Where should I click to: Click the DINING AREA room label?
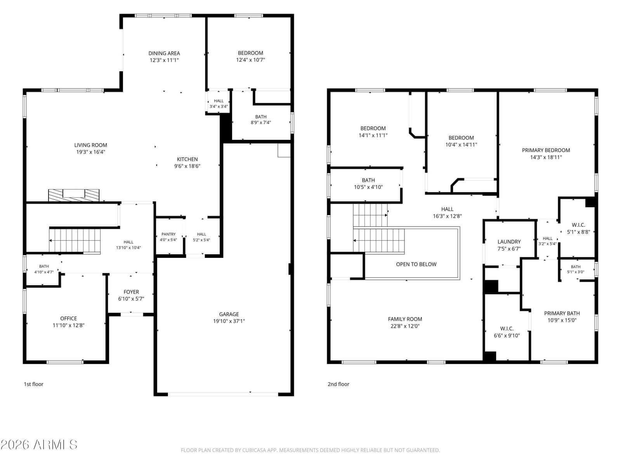click(x=164, y=53)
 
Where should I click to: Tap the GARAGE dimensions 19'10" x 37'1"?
click(x=229, y=321)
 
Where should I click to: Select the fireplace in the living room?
click(x=74, y=195)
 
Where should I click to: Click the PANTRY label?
click(x=168, y=234)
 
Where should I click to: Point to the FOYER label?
click(x=131, y=292)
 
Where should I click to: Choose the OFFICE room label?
click(x=68, y=318)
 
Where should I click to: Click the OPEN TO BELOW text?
click(x=416, y=264)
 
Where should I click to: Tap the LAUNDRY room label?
click(x=509, y=242)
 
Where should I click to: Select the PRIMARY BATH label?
click(x=562, y=313)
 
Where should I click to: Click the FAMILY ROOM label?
click(x=405, y=319)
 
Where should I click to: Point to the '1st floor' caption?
click(x=33, y=384)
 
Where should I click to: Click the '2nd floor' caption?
click(x=338, y=384)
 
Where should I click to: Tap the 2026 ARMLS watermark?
click(x=39, y=445)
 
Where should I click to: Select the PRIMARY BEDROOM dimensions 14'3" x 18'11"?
click(x=546, y=157)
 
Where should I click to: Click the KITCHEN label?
click(x=187, y=159)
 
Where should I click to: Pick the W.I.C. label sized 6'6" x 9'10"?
click(x=507, y=328)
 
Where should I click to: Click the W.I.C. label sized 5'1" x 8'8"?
click(x=578, y=225)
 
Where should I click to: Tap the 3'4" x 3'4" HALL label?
click(x=219, y=101)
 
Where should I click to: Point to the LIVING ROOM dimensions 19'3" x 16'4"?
click(x=90, y=152)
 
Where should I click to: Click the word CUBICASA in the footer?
click(x=252, y=450)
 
